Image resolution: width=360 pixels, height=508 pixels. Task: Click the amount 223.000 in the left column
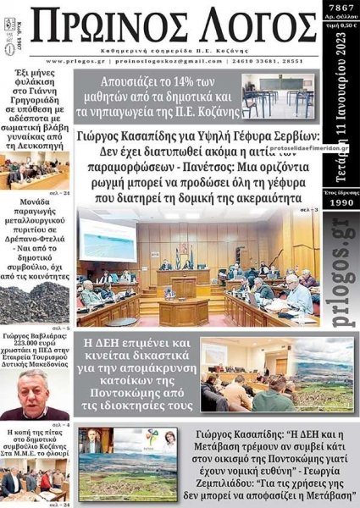point(22,343)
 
